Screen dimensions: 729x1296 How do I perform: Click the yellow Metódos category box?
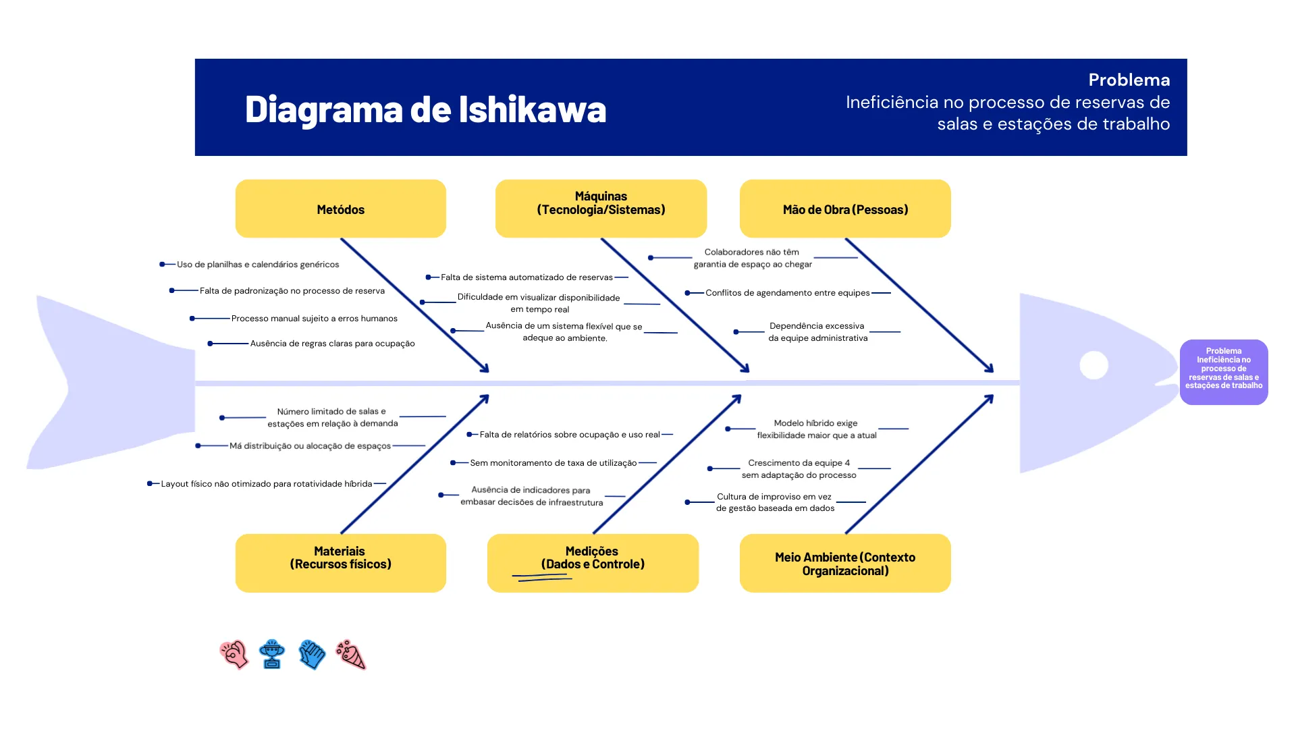[x=340, y=209]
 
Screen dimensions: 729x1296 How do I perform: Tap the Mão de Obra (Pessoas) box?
[x=845, y=209]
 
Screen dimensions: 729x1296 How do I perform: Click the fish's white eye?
[x=1093, y=365]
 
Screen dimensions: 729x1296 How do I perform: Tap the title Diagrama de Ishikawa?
[x=425, y=109]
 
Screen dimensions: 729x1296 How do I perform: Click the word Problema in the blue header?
[x=1129, y=80]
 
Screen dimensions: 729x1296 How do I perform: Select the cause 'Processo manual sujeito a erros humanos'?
[x=314, y=319]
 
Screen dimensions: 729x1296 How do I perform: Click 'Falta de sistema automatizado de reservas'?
[x=526, y=277]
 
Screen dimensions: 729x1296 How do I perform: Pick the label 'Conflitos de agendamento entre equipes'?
[x=787, y=293]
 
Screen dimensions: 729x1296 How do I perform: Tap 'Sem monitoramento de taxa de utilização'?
[x=553, y=463]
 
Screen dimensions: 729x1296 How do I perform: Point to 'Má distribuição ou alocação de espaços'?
[x=310, y=446]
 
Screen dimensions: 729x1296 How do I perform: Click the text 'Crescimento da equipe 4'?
[x=799, y=463]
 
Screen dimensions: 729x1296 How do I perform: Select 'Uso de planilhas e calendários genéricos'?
[x=258, y=265]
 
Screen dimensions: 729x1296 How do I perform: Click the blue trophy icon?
[x=272, y=654]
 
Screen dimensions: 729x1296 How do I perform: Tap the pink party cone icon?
[x=351, y=654]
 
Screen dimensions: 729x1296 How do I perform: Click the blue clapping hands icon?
[x=312, y=654]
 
